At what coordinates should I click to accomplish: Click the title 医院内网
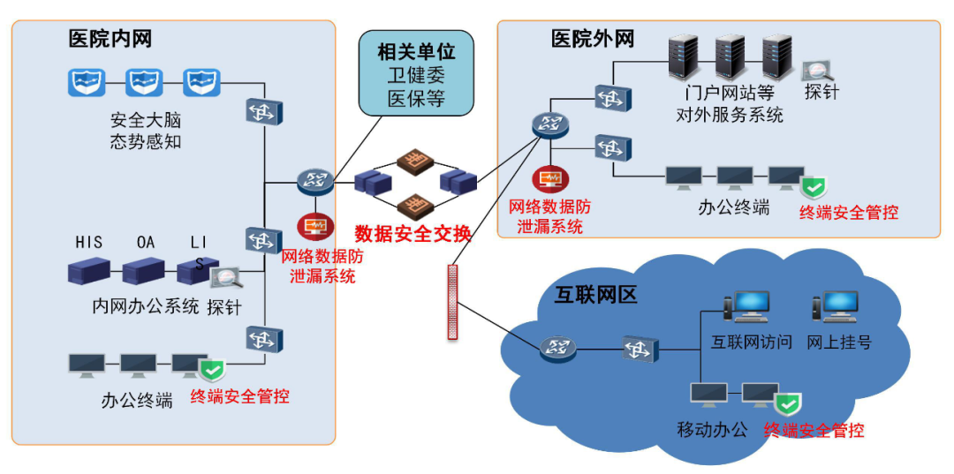(x=110, y=39)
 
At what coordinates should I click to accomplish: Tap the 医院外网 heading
(x=592, y=39)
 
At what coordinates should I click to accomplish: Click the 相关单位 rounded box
(x=416, y=74)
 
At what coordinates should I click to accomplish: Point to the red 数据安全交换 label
(x=413, y=234)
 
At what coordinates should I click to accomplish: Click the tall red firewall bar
(x=453, y=301)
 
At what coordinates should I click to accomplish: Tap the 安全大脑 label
(x=146, y=120)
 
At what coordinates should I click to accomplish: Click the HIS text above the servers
(x=89, y=242)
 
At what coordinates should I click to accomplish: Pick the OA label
(x=146, y=242)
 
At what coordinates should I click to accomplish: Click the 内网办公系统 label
(x=146, y=307)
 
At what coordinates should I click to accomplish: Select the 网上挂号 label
(x=838, y=341)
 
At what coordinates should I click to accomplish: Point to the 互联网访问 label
(x=752, y=341)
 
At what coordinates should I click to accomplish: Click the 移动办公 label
(x=712, y=430)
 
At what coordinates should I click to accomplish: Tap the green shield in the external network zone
(x=813, y=188)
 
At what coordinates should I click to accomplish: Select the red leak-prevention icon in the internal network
(x=314, y=227)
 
